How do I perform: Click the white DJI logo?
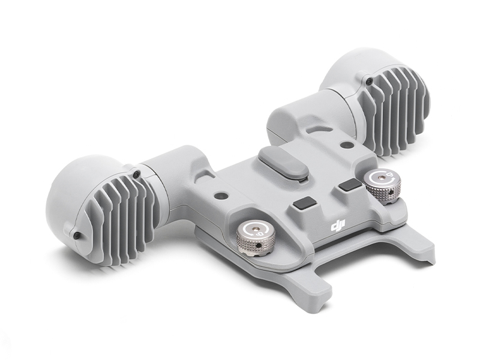coord(338,226)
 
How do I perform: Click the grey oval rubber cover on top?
coord(283,161)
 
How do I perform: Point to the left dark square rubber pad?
coord(305,205)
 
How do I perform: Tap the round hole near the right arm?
coord(347,143)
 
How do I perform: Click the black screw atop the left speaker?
coord(136,175)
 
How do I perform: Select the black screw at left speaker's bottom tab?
coord(76,235)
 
